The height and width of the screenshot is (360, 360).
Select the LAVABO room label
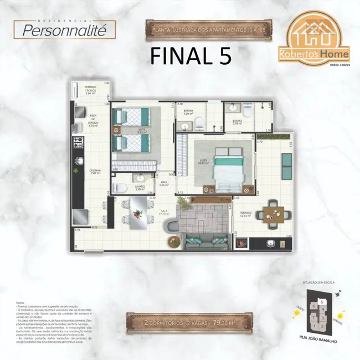[x=140, y=188]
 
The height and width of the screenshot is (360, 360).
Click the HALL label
[x=164, y=183]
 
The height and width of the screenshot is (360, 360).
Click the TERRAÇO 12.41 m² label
[x=245, y=214]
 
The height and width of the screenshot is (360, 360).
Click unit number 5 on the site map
[x=321, y=301]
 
